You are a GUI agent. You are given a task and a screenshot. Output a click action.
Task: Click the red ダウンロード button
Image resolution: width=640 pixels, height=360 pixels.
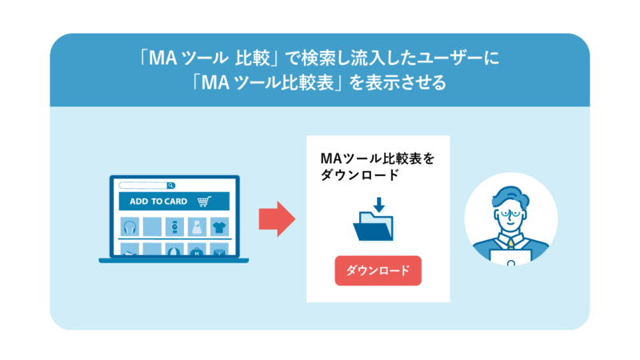click(378, 270)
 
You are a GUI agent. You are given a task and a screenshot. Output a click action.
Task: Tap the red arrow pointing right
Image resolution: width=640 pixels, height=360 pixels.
click(277, 218)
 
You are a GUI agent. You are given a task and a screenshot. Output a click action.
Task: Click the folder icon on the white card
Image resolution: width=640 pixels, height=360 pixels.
click(374, 226)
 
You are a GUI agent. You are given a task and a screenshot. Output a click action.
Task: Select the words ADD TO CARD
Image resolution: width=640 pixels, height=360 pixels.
click(158, 202)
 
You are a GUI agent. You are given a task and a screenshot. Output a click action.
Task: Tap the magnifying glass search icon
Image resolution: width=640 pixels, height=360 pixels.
click(170, 186)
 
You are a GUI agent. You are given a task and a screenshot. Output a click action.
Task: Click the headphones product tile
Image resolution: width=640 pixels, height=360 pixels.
click(130, 226)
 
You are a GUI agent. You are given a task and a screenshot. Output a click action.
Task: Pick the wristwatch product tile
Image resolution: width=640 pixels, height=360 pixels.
click(174, 226)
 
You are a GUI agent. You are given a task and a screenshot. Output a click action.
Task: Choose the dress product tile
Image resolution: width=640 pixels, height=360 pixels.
click(197, 226)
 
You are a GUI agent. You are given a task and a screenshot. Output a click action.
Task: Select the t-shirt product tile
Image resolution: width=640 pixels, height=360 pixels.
click(219, 226)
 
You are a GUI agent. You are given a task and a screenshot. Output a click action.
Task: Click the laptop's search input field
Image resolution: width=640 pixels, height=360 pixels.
click(142, 186)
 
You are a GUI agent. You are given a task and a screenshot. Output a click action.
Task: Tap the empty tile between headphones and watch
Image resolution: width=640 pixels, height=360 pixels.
click(152, 226)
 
